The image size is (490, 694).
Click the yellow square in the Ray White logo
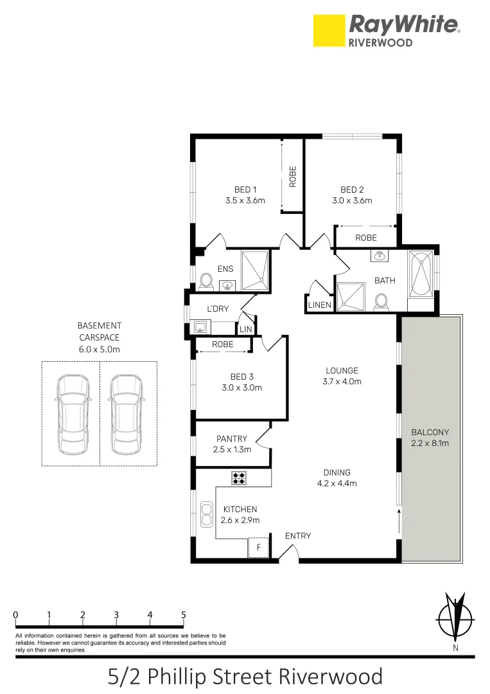[x=329, y=31]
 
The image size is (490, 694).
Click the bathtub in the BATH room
[x=421, y=275]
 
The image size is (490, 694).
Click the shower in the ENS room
[x=255, y=269]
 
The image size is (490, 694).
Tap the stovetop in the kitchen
[x=239, y=477]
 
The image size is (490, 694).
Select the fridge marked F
[x=258, y=547]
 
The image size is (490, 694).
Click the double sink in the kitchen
[x=207, y=514]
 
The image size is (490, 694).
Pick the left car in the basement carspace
[x=71, y=414]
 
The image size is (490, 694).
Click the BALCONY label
[x=431, y=432]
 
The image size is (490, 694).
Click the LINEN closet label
[x=320, y=305]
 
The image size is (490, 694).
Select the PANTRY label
[x=231, y=439]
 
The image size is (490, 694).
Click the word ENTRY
[x=298, y=536]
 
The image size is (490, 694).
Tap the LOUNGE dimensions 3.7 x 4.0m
[x=342, y=382]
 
